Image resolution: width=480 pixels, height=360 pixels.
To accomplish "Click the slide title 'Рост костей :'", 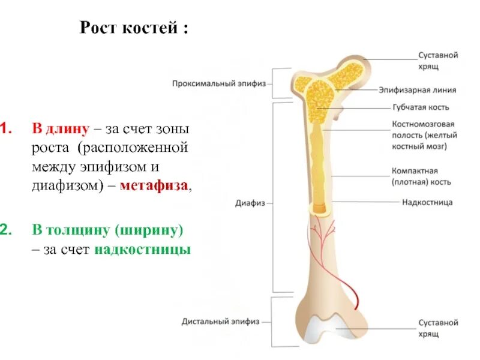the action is pyautogui.click(x=134, y=28).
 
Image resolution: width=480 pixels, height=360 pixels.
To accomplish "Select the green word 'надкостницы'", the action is pyautogui.click(x=142, y=249).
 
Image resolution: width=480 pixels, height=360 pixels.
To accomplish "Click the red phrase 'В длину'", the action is pyautogui.click(x=61, y=128).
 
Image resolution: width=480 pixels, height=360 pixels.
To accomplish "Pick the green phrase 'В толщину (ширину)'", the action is pyautogui.click(x=107, y=230).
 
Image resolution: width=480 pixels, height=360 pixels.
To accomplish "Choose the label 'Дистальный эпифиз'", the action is pyautogui.click(x=221, y=322).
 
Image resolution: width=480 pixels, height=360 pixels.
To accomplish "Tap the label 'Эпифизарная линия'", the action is pyautogui.click(x=417, y=90).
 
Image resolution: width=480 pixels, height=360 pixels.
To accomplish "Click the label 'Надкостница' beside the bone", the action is pyautogui.click(x=427, y=202).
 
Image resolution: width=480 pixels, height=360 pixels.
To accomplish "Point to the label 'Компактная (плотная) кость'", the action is pyautogui.click(x=421, y=176).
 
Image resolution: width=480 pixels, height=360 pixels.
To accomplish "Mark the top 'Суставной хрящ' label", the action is pyautogui.click(x=438, y=60).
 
